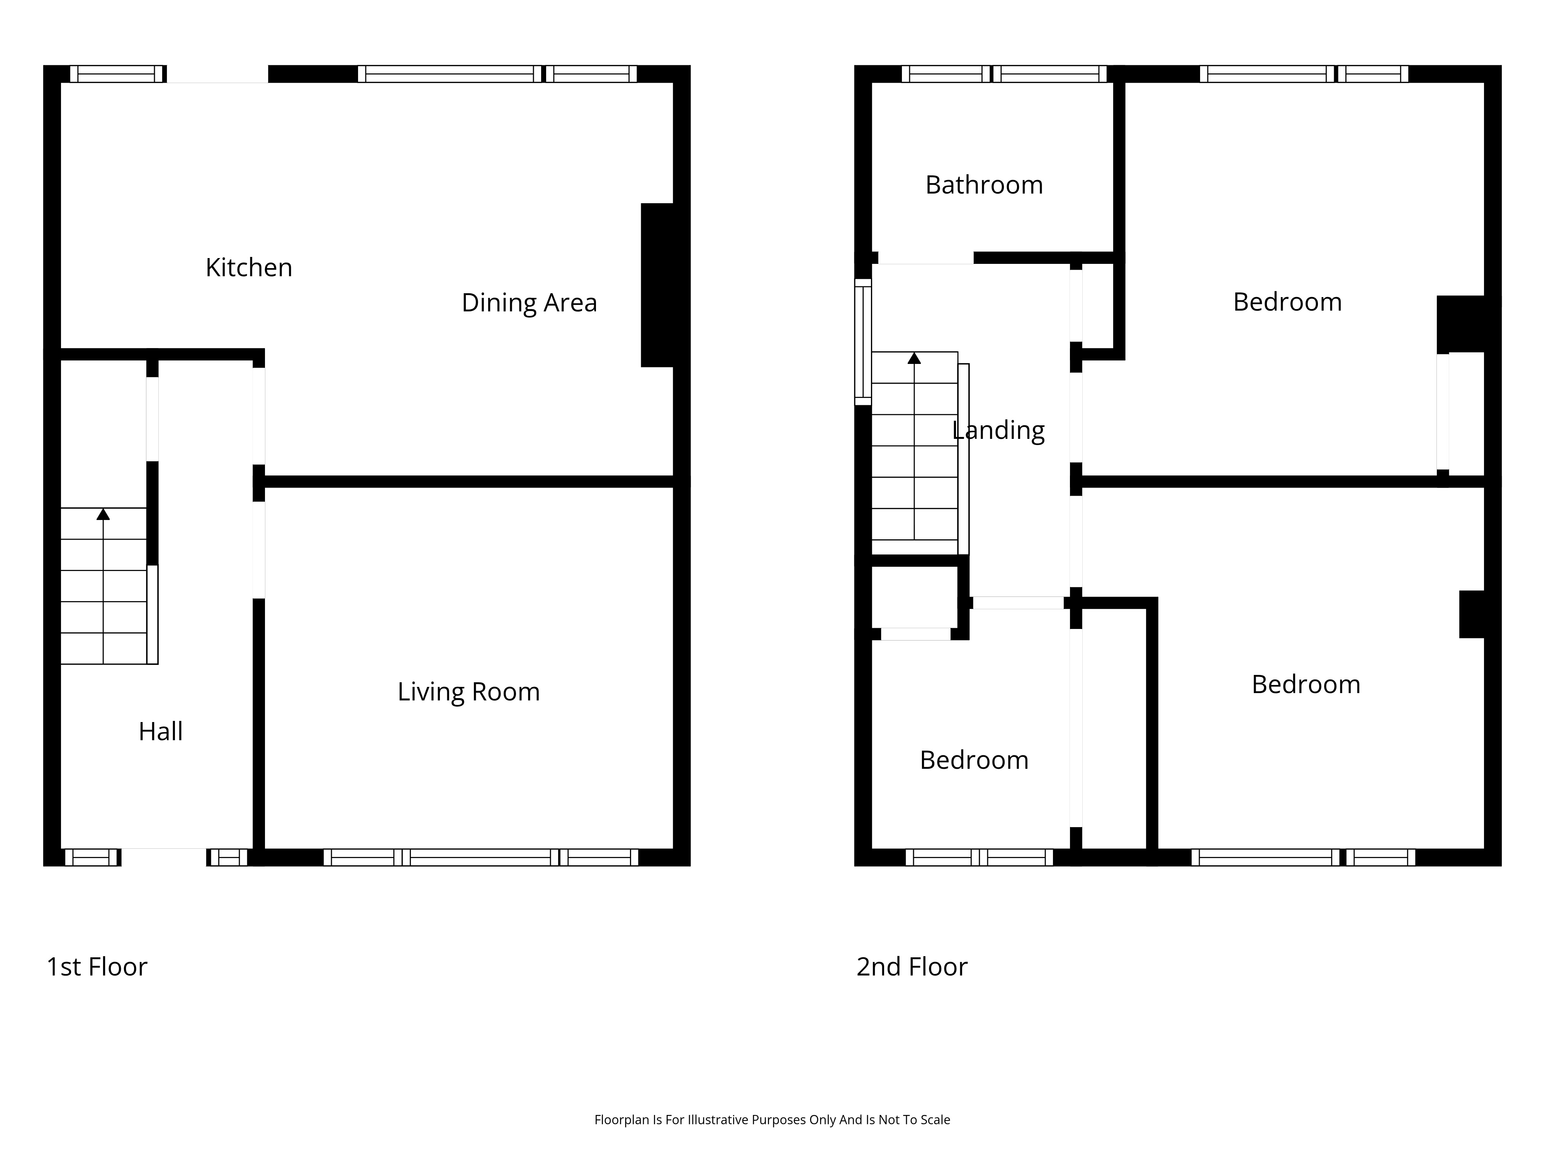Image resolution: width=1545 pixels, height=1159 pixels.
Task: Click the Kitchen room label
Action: tap(249, 268)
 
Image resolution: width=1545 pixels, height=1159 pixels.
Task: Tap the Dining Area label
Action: tap(530, 302)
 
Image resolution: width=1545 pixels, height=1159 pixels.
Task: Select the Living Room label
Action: tap(469, 692)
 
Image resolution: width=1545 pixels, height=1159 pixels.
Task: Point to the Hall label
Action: tap(161, 731)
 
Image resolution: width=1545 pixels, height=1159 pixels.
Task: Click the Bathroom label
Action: tap(984, 185)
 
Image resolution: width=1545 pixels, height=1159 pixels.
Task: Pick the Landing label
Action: tap(999, 430)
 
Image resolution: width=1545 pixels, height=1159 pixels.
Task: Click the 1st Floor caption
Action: tap(97, 967)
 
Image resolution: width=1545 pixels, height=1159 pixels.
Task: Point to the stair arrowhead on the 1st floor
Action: tap(104, 514)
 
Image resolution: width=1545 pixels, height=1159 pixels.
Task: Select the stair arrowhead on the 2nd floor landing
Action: tap(914, 359)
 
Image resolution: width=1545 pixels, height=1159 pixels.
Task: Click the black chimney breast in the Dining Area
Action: tap(658, 285)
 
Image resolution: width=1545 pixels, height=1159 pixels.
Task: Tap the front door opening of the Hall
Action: tap(163, 857)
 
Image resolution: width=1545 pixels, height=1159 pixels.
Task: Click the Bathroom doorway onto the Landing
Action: tap(925, 258)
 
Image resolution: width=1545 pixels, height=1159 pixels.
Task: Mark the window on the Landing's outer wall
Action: tap(863, 342)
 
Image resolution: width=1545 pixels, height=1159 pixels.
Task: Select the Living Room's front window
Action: tap(480, 857)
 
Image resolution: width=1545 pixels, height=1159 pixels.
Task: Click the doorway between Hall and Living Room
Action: tap(258, 550)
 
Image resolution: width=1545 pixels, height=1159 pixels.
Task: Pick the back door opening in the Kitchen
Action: tap(217, 74)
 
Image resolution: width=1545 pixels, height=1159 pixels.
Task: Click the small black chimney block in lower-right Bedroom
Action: tap(1472, 614)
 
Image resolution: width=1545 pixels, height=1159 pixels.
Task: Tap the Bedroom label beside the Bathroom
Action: tap(1287, 302)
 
